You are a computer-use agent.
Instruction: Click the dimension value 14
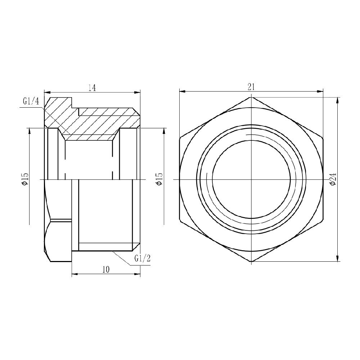[92, 87]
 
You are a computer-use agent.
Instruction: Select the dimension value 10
[106, 270]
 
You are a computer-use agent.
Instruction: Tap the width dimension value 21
[251, 87]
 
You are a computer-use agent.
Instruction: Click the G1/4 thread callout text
[31, 102]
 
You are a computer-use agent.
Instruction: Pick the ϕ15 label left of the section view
[25, 179]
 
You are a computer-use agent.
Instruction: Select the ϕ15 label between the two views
[159, 179]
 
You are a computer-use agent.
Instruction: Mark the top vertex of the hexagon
[251, 97]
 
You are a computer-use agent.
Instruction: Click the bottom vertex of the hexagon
[251, 262]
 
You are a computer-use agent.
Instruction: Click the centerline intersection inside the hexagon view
[251, 179]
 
